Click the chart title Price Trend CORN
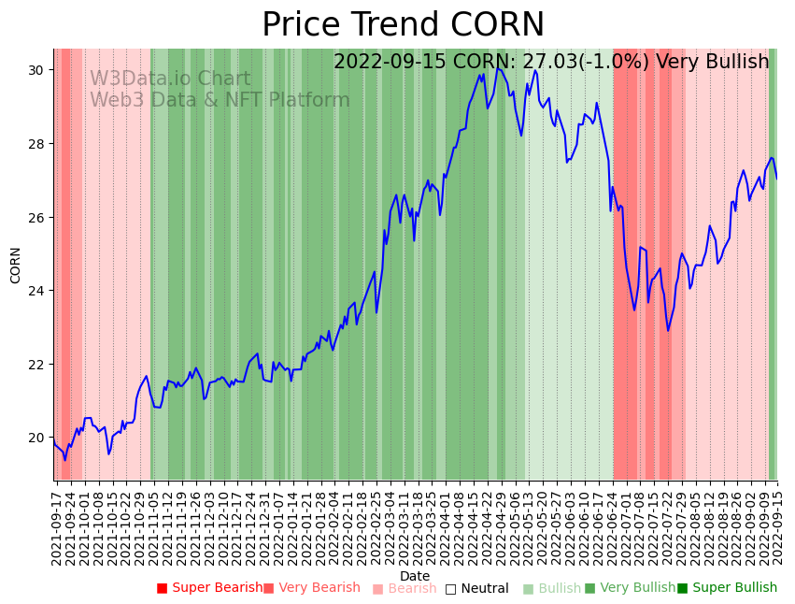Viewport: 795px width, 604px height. (x=403, y=25)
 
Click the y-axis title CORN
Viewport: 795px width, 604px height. (x=16, y=265)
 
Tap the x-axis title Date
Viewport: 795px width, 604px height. (x=415, y=576)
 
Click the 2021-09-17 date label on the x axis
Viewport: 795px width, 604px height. (x=57, y=524)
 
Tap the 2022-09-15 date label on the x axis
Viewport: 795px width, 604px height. (x=774, y=524)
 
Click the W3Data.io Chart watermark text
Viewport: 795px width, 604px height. (x=170, y=79)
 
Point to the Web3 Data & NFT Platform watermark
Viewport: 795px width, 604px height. (x=220, y=101)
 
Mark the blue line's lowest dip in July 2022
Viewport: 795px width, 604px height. (x=668, y=330)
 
